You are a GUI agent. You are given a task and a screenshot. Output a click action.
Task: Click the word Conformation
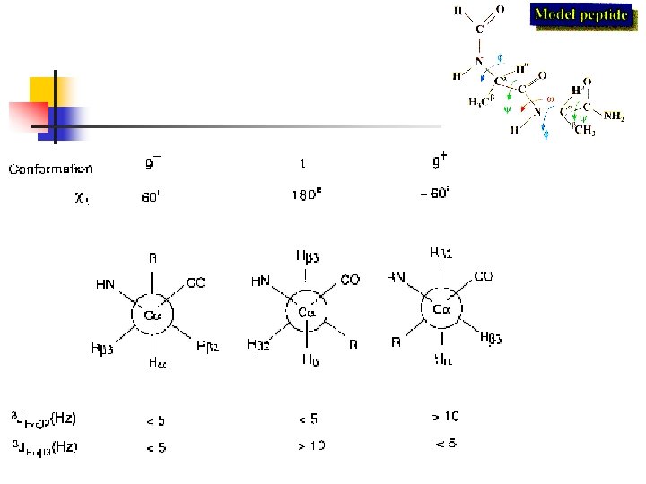pos(50,169)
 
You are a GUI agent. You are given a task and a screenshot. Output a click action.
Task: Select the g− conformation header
pos(154,163)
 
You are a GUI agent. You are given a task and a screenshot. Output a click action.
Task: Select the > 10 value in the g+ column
pos(446,416)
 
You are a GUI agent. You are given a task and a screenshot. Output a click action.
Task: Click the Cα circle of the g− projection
pos(154,315)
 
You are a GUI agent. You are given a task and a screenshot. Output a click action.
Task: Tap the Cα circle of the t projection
pos(307,313)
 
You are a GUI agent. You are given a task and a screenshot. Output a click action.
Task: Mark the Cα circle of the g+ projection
pos(441,309)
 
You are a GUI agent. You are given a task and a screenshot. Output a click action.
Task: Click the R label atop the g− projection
pos(153,257)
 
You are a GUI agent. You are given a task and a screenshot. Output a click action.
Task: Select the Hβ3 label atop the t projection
pos(306,256)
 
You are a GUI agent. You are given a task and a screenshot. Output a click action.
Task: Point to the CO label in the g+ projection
pos(484,277)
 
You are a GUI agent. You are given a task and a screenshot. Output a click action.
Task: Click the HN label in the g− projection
pos(105,284)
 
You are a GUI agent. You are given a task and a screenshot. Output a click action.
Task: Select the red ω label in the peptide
pos(550,99)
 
